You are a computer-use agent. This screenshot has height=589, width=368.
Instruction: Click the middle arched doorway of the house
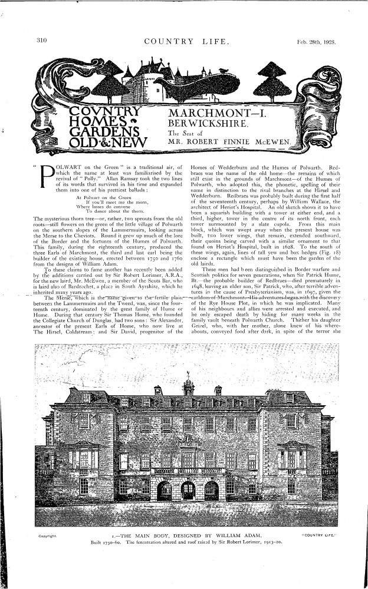188,490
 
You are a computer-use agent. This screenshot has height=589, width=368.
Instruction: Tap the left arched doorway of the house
165,490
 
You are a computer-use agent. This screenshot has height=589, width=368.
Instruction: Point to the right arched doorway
211,490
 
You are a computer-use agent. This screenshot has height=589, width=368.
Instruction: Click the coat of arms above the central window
188,440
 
